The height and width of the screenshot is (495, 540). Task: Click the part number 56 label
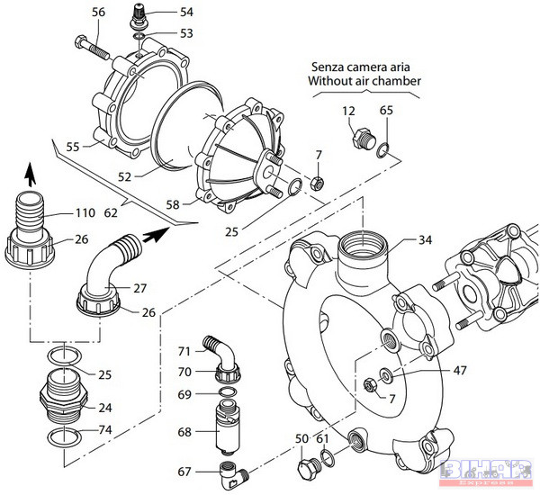tap(98, 12)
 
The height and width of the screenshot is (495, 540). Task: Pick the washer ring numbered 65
tap(382, 148)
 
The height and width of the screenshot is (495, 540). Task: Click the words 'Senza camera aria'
tap(364, 67)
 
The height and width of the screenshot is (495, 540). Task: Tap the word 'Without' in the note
tap(331, 81)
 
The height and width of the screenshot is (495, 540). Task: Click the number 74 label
tap(105, 430)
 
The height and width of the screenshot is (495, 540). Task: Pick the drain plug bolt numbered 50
tap(307, 469)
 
